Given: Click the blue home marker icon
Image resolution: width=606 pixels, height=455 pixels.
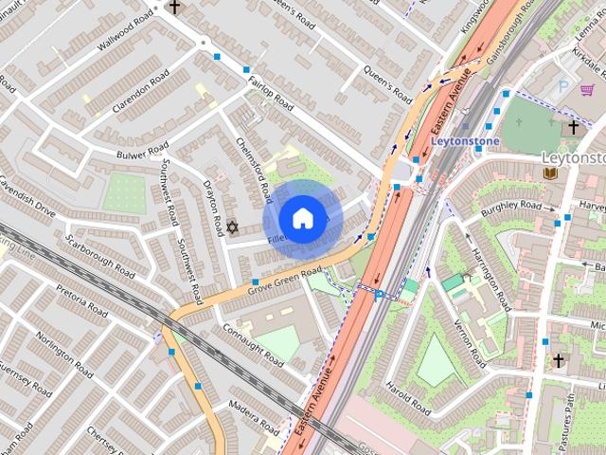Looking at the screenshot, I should pos(302,219).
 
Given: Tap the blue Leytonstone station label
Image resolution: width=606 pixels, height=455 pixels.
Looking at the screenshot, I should pos(464,140).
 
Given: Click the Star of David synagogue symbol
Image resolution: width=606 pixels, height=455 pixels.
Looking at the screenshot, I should pos(232,227).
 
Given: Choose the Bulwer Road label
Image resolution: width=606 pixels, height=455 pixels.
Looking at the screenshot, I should pos(142,151).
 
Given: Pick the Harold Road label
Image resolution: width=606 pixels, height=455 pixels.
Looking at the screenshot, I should pos(409,398).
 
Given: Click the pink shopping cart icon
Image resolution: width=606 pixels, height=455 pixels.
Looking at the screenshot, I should pos(588,90).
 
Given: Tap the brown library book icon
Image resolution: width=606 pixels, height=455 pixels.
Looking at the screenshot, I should pos(550,173).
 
